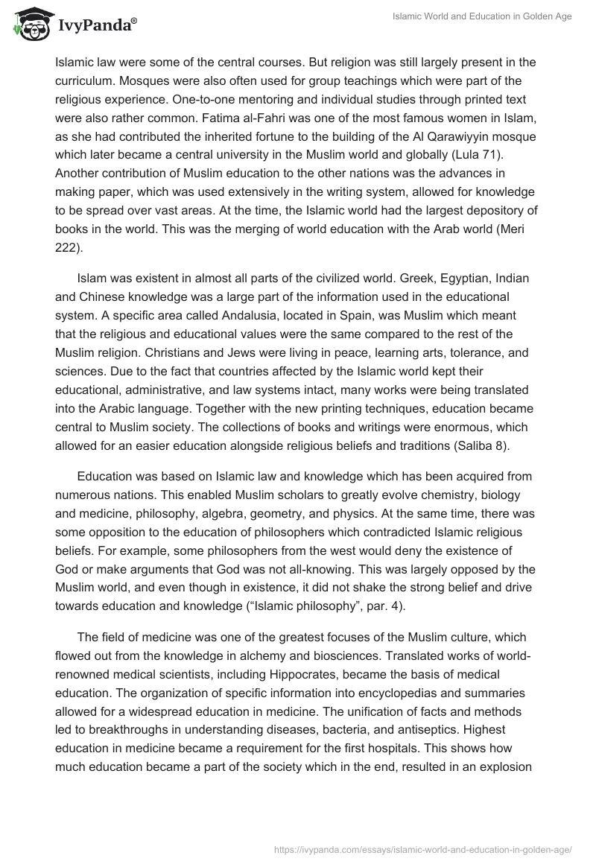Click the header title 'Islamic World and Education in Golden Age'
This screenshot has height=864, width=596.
coord(482,16)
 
